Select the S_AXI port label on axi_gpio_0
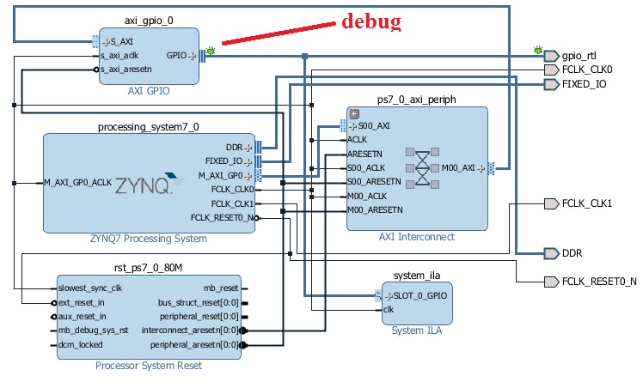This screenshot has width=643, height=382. pyautogui.click(x=117, y=41)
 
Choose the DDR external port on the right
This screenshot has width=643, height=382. pyautogui.click(x=573, y=253)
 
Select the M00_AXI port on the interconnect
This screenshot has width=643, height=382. pyautogui.click(x=461, y=167)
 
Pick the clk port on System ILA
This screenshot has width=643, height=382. pyautogui.click(x=389, y=309)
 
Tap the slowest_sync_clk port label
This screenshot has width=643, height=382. pyautogui.click(x=89, y=288)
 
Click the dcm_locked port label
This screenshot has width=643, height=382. pyautogui.click(x=78, y=345)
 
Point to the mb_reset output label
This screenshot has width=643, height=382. pyautogui.click(x=222, y=288)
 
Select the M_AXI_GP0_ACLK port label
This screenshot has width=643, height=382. pyautogui.click(x=77, y=182)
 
